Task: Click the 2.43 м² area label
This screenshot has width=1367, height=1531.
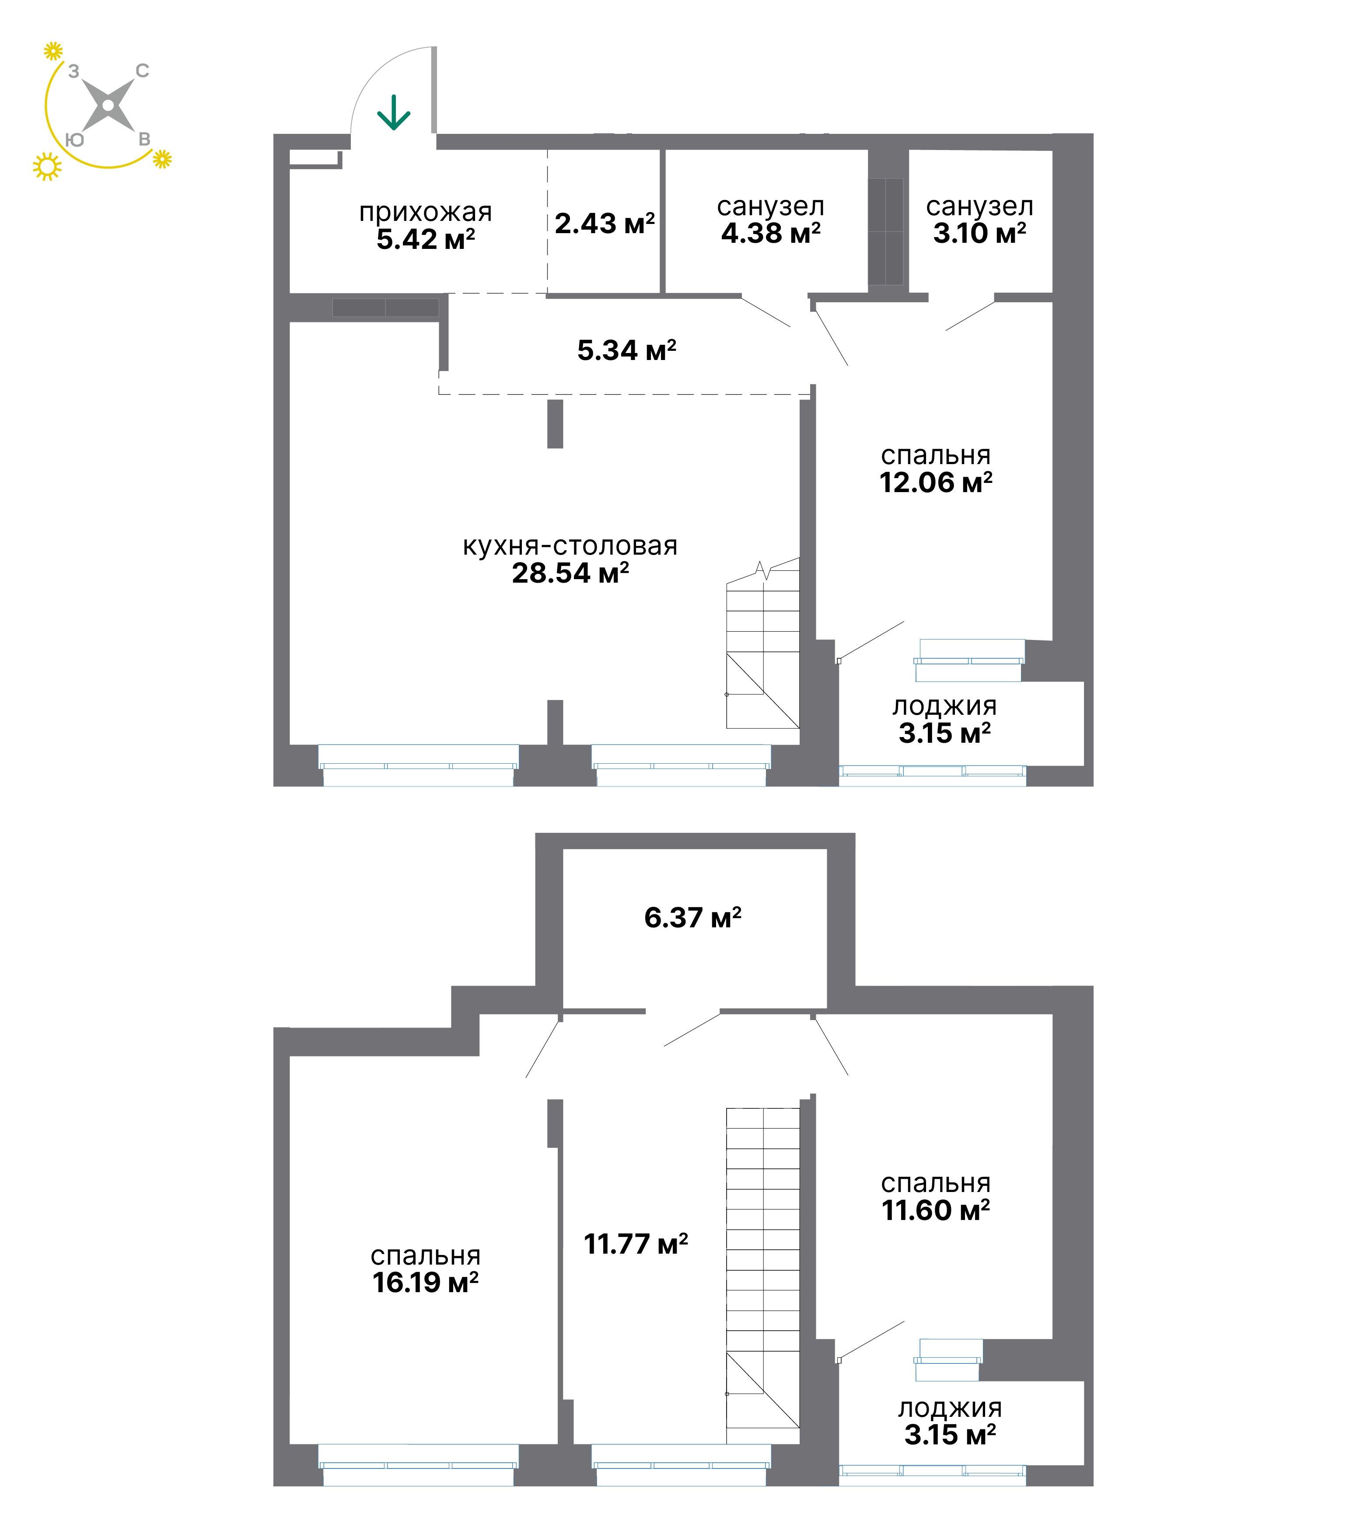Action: [605, 223]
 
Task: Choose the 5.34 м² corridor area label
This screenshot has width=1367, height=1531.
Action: [626, 350]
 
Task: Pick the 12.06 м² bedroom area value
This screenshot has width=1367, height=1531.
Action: [936, 482]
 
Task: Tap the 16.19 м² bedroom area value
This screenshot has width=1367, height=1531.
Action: [425, 1282]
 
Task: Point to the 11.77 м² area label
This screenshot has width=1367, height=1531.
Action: [636, 1244]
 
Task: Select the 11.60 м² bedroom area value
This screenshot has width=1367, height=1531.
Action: [936, 1210]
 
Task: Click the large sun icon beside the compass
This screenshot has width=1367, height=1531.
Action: [47, 167]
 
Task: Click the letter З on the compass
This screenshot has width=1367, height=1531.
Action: [73, 71]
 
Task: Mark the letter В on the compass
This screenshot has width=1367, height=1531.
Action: [144, 140]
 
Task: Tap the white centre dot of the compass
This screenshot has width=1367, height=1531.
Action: [108, 105]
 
